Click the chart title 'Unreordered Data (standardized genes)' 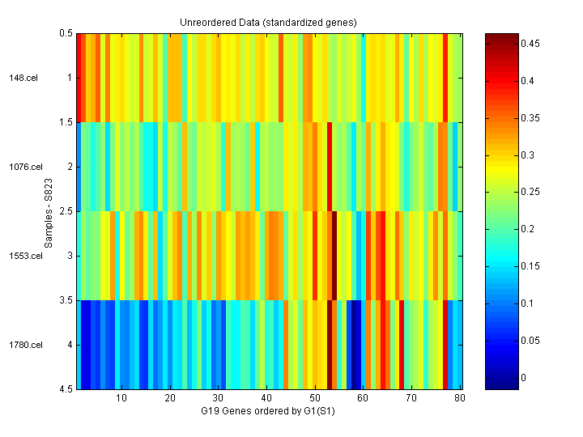(268, 21)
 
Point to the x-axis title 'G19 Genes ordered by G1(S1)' (268, 413)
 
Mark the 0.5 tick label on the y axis (66, 34)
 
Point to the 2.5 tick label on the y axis (66, 211)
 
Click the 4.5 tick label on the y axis (66, 389)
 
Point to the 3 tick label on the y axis (70, 256)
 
